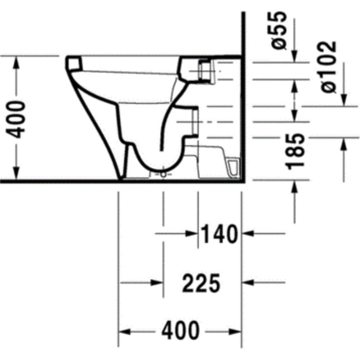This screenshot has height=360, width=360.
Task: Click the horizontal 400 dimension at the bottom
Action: tap(180, 330)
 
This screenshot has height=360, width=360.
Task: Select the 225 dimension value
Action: tap(201, 283)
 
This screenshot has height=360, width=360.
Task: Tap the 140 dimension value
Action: tap(219, 234)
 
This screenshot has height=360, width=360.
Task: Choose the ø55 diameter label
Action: tap(279, 30)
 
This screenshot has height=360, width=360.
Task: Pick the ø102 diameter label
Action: tap(328, 67)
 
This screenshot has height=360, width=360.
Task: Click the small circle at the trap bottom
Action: tap(163, 174)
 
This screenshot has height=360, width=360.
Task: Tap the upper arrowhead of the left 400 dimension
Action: tap(16, 62)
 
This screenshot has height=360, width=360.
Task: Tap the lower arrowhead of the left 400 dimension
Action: tap(16, 174)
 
